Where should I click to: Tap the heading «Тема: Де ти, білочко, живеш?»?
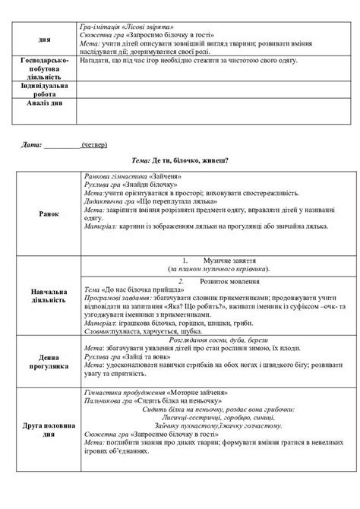180,160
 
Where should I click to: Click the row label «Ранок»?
47,213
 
